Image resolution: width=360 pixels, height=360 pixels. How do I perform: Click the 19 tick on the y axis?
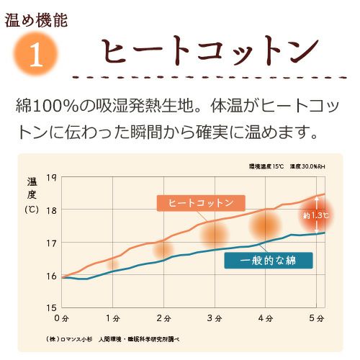click(51, 178)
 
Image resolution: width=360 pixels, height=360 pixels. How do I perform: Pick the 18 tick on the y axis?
click(51, 210)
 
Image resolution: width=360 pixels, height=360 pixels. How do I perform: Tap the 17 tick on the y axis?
click(51, 243)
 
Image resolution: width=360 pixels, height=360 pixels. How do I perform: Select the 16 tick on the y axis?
click(51, 276)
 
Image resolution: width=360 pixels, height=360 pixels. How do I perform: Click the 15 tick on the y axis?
click(51, 307)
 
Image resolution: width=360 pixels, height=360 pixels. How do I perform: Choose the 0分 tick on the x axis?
click(62, 318)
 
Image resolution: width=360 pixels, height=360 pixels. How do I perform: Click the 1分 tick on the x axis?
click(112, 318)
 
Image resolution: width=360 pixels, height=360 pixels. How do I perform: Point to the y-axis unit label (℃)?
click(32, 210)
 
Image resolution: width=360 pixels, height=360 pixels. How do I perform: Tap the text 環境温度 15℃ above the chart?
click(266, 166)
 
